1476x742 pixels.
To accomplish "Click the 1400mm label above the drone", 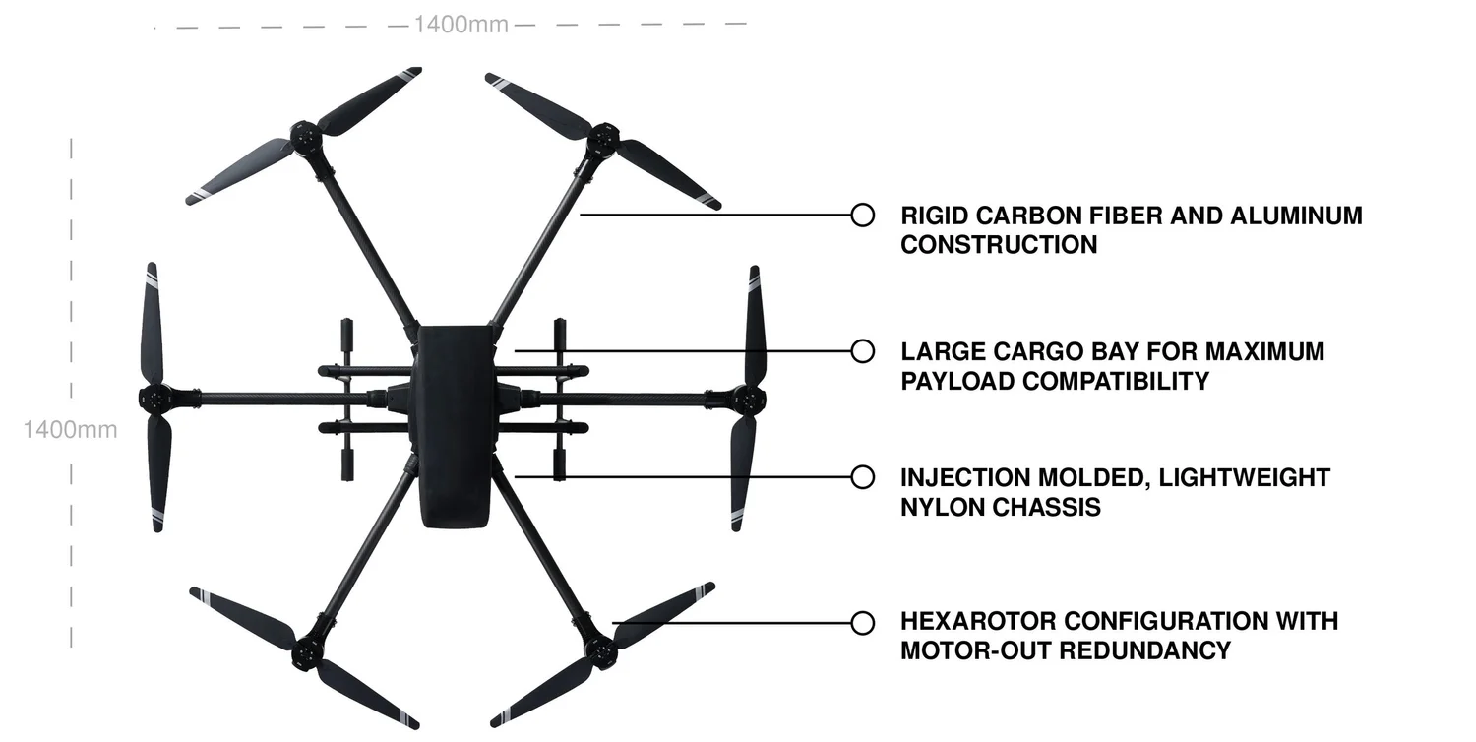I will (x=461, y=25).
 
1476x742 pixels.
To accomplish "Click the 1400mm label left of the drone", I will (x=70, y=429).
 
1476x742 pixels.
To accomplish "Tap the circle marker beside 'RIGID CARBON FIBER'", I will (x=862, y=215).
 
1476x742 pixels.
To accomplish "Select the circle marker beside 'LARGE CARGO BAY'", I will (x=862, y=350).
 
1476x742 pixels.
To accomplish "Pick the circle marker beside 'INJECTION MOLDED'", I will (x=862, y=477).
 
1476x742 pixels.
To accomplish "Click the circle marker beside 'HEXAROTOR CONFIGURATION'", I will (x=862, y=622).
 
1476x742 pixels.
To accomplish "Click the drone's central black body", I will (x=454, y=423).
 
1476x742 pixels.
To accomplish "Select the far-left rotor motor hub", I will (x=154, y=399).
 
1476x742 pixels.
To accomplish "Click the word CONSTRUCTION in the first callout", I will (x=999, y=245).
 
